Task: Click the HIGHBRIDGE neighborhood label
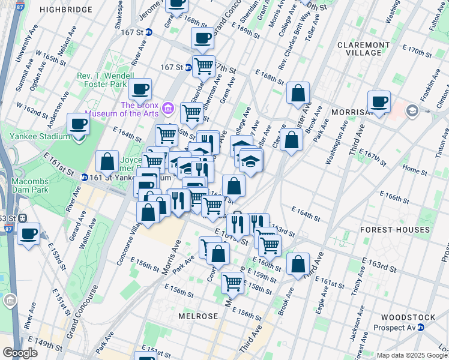coord(66,10)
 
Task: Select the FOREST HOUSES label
coord(394,230)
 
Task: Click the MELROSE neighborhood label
coord(198,316)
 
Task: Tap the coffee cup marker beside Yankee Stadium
coord(79,125)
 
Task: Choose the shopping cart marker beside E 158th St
coord(232,282)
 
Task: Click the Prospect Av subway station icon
coord(421,328)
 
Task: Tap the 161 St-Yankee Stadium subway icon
coord(85,178)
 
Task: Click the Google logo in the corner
coord(20,353)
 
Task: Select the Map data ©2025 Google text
coord(412,355)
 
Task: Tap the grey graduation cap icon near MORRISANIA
coord(412,110)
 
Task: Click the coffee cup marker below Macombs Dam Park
coord(28,233)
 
